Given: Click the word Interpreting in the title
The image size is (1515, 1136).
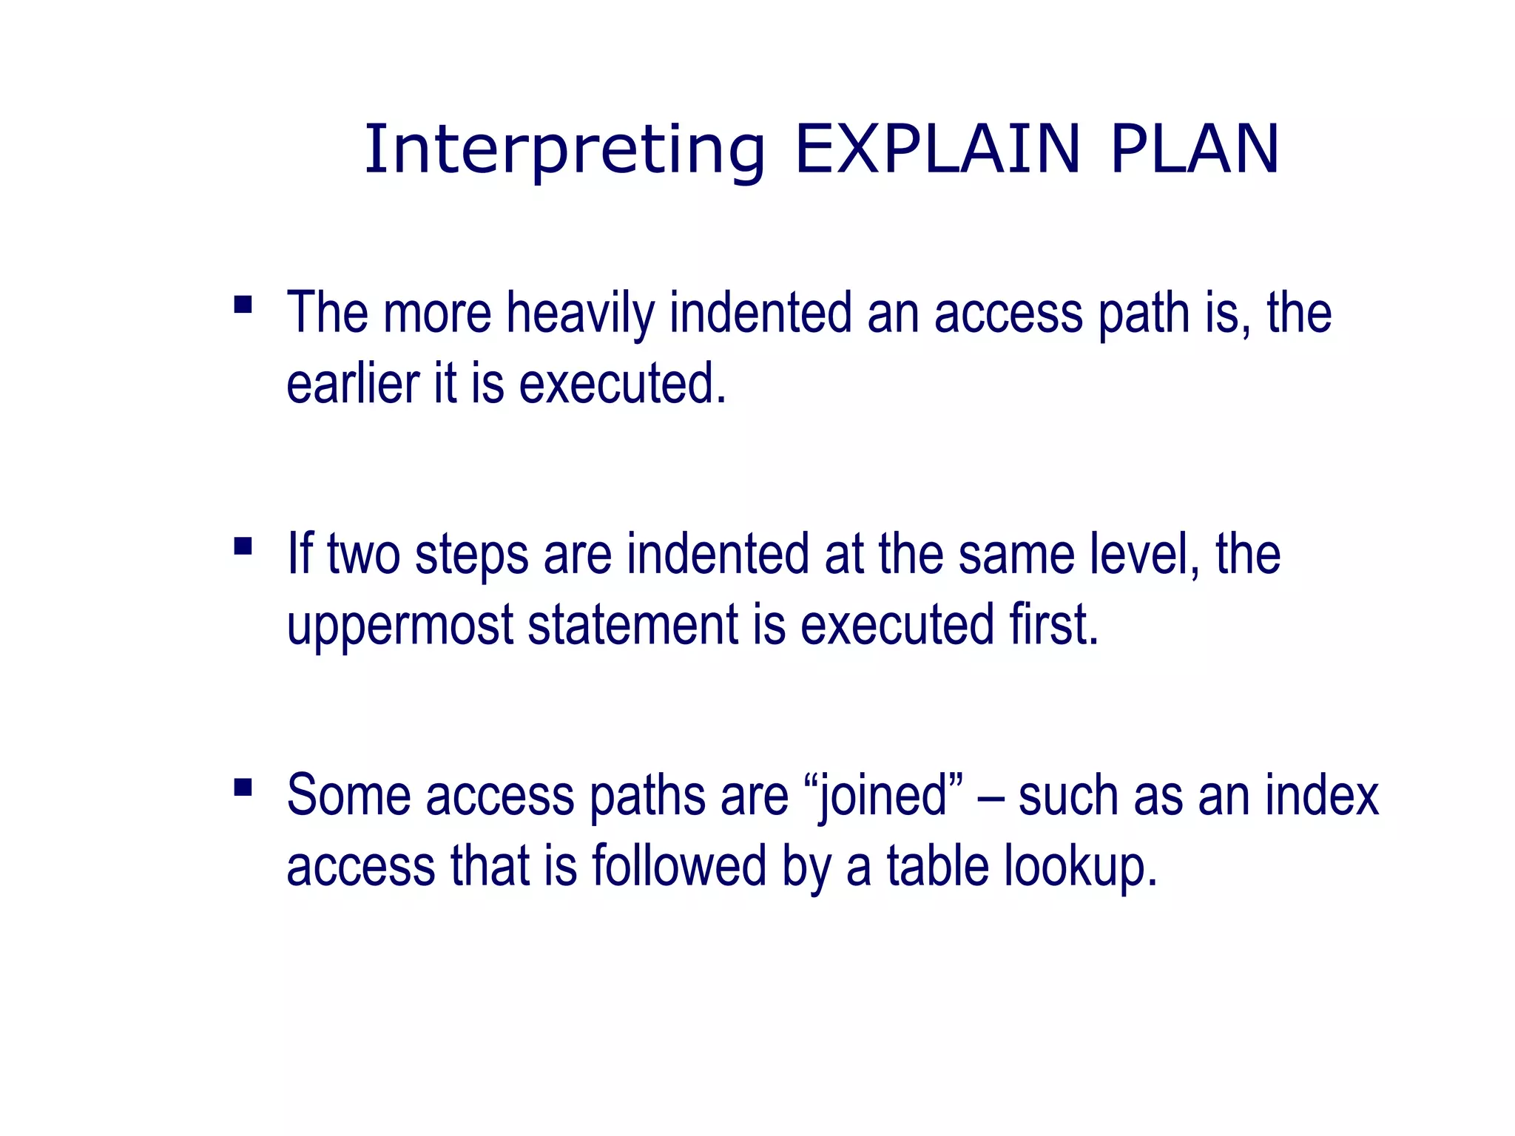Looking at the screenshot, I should [564, 151].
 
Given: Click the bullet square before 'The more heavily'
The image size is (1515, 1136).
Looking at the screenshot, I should [243, 305].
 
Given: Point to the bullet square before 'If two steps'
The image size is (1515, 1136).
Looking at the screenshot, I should [243, 546].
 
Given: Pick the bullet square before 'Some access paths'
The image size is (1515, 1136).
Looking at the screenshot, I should [243, 787].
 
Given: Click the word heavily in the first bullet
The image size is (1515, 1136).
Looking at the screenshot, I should [580, 314].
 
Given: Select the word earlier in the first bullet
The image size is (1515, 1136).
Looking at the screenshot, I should [353, 385].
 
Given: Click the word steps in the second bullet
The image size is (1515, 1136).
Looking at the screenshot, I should [471, 555].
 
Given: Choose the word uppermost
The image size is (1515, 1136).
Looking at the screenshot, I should [399, 626].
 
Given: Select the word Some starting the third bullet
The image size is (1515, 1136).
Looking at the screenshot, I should [348, 796].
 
